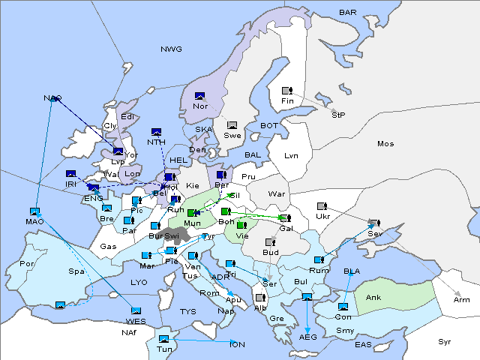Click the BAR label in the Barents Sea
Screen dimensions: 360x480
pyautogui.click(x=348, y=13)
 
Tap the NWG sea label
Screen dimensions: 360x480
pyautogui.click(x=171, y=49)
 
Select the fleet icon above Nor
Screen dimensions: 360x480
pyautogui.click(x=199, y=96)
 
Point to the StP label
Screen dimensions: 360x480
pyautogui.click(x=337, y=115)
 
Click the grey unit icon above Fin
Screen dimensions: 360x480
pyautogui.click(x=286, y=91)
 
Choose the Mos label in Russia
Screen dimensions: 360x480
pyautogui.click(x=385, y=143)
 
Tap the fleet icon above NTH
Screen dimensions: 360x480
pyautogui.click(x=157, y=132)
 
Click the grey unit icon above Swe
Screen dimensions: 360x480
pyautogui.click(x=232, y=125)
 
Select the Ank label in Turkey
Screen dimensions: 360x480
pyautogui.click(x=373, y=298)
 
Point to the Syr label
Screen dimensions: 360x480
pyautogui.click(x=445, y=341)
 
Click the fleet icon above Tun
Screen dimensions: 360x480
pyautogui.click(x=164, y=339)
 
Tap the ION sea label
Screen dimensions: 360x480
pyautogui.click(x=237, y=344)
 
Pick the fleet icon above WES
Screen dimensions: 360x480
pyautogui.click(x=136, y=311)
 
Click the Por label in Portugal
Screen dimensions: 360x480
pyautogui.click(x=28, y=264)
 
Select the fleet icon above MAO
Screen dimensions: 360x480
pyautogui.click(x=34, y=211)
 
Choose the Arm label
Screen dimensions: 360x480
pyautogui.click(x=462, y=299)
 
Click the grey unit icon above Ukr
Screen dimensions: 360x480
pyautogui.click(x=322, y=206)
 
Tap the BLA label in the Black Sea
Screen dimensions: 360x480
pyautogui.click(x=352, y=271)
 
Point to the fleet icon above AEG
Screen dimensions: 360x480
pyautogui.click(x=307, y=298)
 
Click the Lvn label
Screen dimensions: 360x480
pyautogui.click(x=292, y=156)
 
